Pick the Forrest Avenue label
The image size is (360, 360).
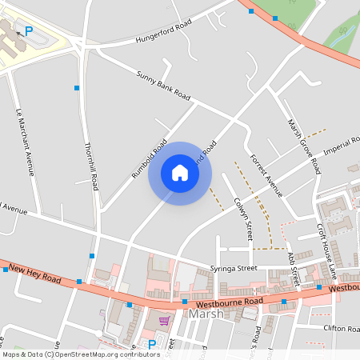(266, 175)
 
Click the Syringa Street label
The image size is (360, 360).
(233, 269)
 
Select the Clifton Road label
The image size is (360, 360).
(342, 328)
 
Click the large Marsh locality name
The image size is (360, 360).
(207, 314)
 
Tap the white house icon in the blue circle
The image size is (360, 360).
(179, 174)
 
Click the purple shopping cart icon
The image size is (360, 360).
(164, 321)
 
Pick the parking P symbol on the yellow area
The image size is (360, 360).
(29, 31)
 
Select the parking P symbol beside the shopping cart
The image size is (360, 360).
(151, 344)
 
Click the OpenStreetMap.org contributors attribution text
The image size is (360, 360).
(103, 354)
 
